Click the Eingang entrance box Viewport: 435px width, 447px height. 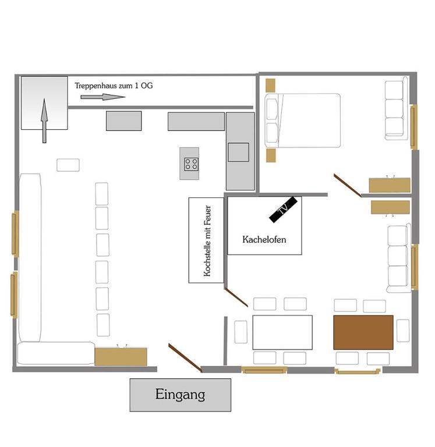[181, 395]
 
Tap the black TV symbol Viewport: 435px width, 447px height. [283, 210]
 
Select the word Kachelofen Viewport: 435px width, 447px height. [264, 239]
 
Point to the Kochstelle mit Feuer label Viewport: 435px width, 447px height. [207, 241]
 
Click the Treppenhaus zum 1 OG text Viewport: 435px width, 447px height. [114, 86]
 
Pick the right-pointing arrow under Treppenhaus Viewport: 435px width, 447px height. [102, 97]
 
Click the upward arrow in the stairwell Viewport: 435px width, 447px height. [44, 120]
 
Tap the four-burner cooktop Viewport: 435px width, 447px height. [191, 164]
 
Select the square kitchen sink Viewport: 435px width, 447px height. [239, 152]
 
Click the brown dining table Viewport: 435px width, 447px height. [363, 332]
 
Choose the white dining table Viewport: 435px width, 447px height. [282, 332]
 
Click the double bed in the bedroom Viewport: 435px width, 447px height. [303, 120]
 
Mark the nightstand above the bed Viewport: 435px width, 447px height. [270, 85]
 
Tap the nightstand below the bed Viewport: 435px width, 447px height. [271, 155]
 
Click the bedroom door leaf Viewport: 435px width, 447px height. [348, 185]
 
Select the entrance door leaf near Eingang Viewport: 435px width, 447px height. [185, 358]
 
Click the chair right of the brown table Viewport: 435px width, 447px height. [403, 331]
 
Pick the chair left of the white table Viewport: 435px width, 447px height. [241, 332]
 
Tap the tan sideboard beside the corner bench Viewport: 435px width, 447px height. [121, 357]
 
